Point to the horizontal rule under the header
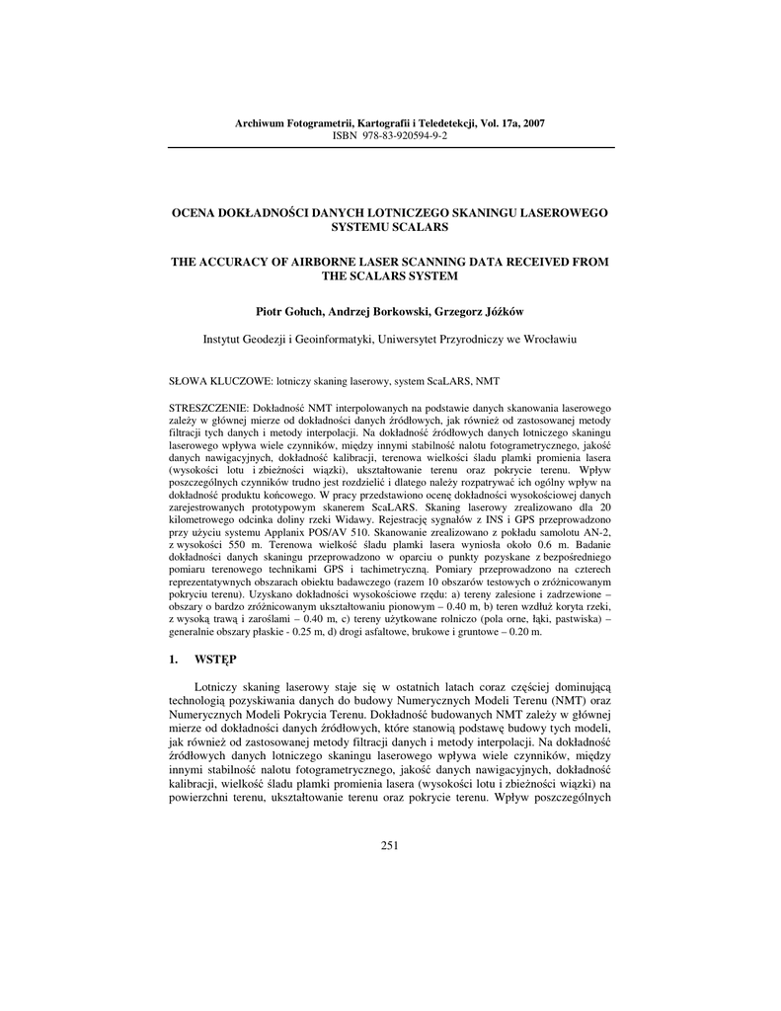[390, 147]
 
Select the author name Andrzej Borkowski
[379, 312]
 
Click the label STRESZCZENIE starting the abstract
[209, 407]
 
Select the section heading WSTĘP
[216, 656]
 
